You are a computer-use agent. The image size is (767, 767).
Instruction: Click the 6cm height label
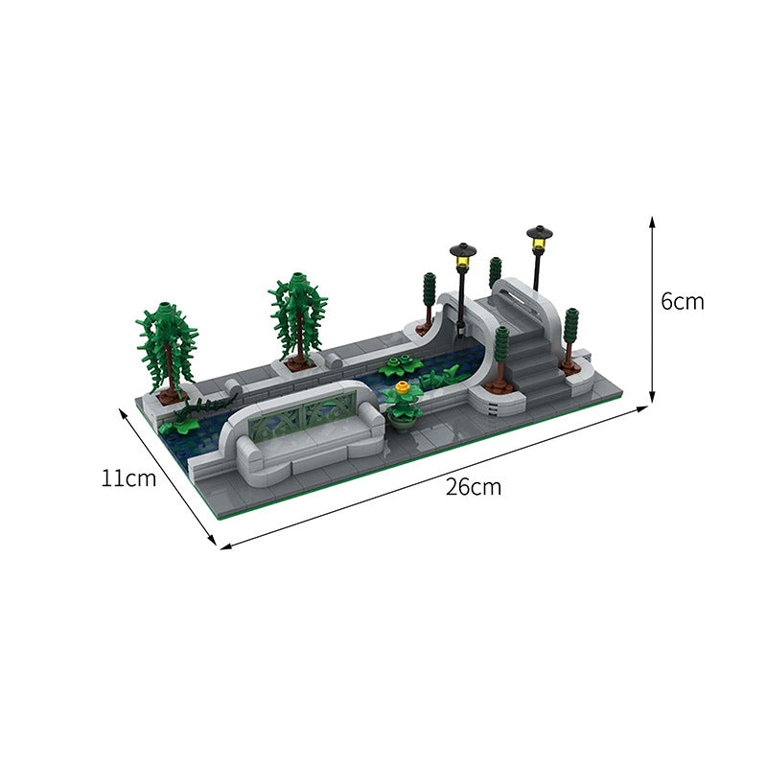click(683, 301)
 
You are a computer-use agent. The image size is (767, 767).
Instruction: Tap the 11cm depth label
click(128, 477)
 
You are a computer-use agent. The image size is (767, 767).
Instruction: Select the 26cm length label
click(473, 486)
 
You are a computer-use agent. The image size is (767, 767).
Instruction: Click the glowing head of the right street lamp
click(540, 237)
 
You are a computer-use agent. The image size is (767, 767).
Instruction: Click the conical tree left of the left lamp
click(429, 295)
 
